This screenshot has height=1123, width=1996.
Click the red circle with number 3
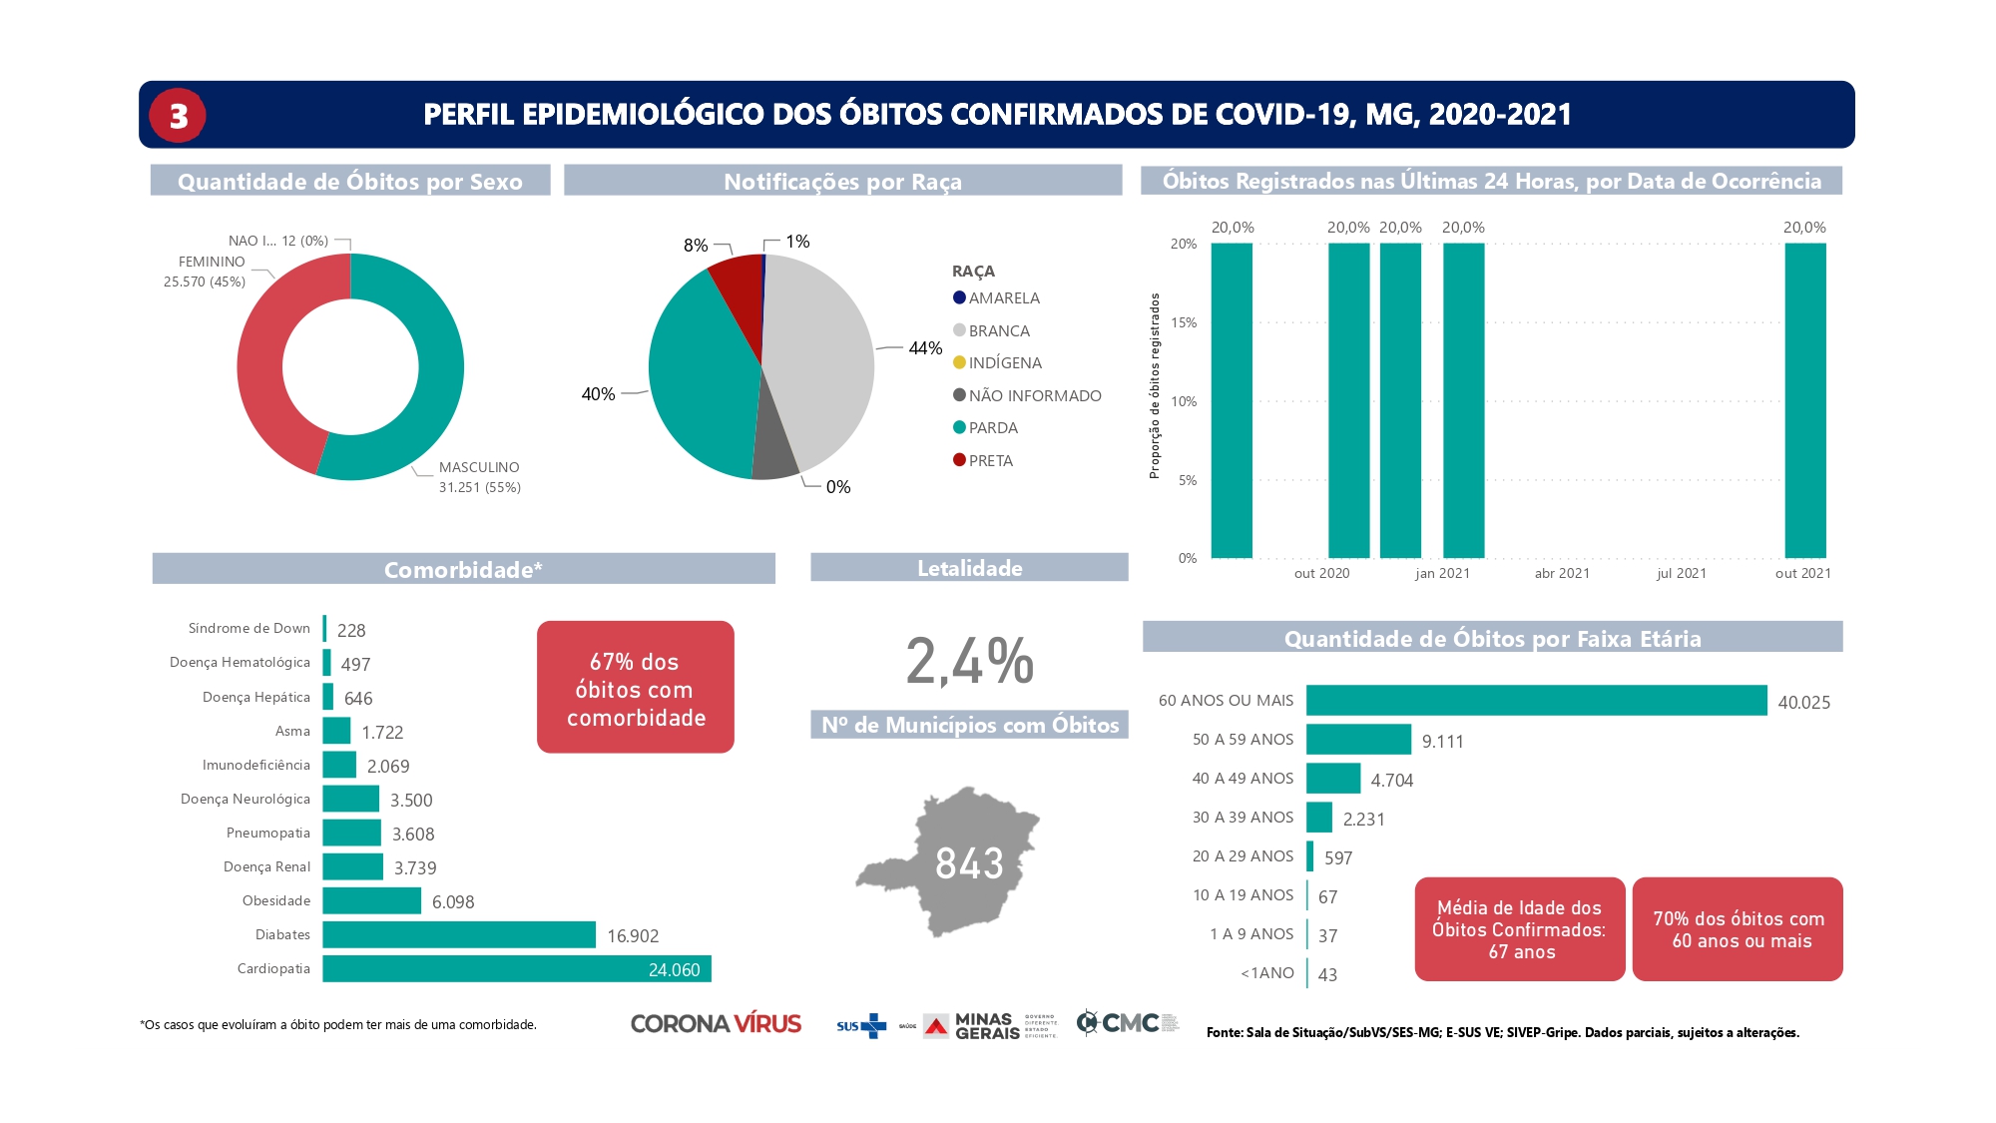(178, 116)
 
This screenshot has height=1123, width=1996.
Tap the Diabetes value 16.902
(633, 936)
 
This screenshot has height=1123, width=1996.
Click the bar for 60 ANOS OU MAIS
(1536, 701)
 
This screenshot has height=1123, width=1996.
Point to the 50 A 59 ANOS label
(1243, 740)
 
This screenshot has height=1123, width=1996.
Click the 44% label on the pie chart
(925, 348)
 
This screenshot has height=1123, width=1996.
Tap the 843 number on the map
(969, 863)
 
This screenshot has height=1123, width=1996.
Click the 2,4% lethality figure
(969, 662)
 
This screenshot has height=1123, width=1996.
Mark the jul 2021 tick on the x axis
(1682, 574)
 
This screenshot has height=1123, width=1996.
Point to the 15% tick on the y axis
(1184, 322)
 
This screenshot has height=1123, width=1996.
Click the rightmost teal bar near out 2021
(1804, 400)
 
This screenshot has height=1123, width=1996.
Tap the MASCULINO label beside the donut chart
(479, 468)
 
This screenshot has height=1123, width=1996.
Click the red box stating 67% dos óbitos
(636, 688)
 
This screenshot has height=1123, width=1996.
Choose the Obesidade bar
(371, 901)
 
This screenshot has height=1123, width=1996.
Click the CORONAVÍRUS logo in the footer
(716, 1024)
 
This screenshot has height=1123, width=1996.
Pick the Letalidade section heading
(969, 569)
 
